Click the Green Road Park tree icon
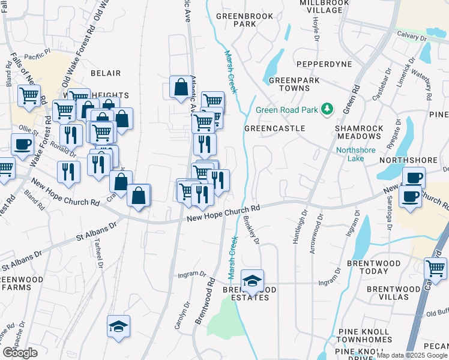tap(327, 109)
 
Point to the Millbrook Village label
tap(324, 7)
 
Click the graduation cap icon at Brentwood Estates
tap(253, 280)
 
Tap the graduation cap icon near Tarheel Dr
tap(118, 326)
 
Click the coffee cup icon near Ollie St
tap(22, 145)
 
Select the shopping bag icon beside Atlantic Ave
tap(181, 88)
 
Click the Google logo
tap(20, 353)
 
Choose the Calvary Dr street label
tap(412, 37)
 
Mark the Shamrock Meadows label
tap(359, 133)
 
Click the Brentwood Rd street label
tap(205, 300)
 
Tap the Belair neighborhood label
tap(106, 73)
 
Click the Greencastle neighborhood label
tap(275, 128)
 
